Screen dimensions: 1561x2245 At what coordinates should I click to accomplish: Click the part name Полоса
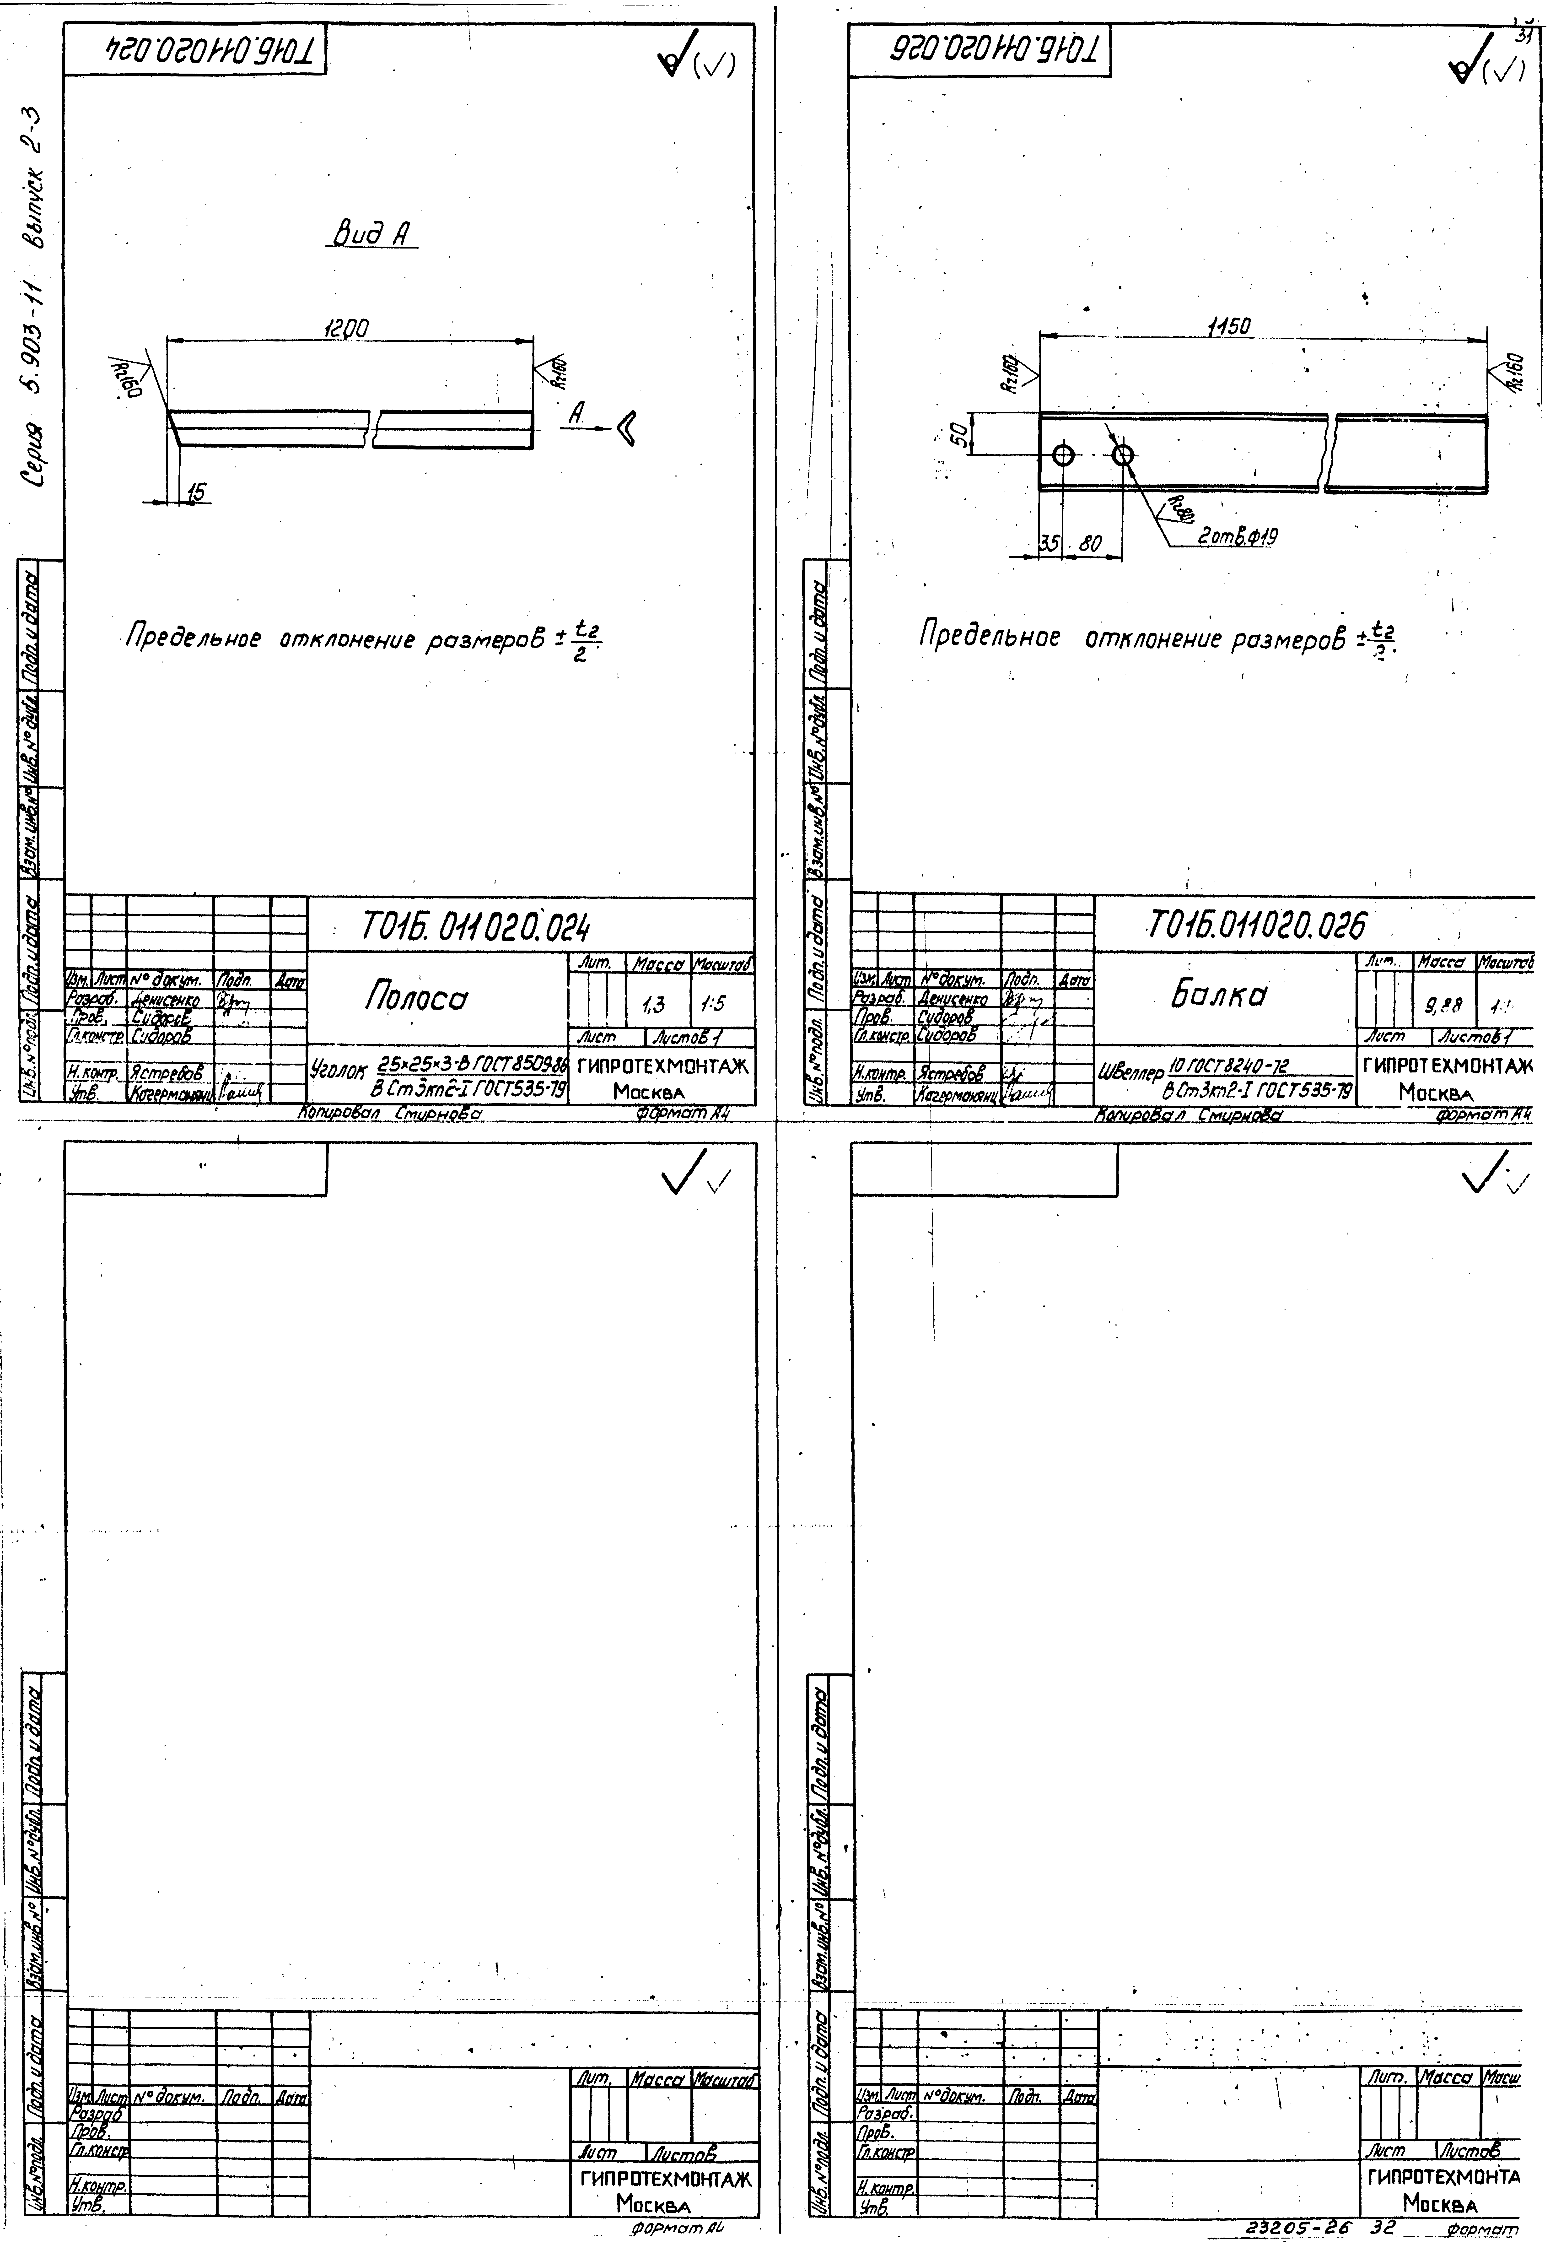pos(416,996)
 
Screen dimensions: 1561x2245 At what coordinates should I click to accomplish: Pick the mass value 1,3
pos(654,1004)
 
